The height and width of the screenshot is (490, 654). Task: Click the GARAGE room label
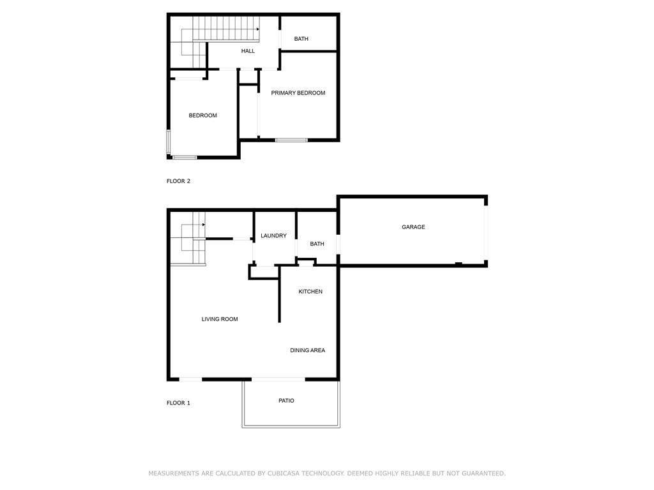[x=413, y=227]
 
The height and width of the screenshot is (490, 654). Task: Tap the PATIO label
[x=286, y=401]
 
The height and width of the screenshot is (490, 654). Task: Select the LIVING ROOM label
[x=220, y=319]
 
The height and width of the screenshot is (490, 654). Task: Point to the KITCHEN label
[x=310, y=292]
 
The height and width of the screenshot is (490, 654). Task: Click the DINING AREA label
[x=308, y=350]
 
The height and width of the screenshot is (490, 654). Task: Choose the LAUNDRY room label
[x=273, y=236]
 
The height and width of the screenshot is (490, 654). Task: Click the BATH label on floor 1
[x=317, y=244]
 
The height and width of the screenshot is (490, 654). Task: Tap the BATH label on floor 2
[x=301, y=39]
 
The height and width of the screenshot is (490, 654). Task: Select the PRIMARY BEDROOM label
[x=298, y=93]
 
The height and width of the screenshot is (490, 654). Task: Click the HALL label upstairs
[x=248, y=51]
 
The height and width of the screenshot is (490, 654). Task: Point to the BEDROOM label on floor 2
[x=202, y=115]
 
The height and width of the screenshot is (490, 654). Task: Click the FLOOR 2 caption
[x=178, y=181]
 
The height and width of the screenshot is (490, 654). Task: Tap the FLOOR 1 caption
[x=178, y=403]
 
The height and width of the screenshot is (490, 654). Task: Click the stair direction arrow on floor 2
[x=257, y=29]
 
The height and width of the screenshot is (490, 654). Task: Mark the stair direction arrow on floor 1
[x=203, y=225]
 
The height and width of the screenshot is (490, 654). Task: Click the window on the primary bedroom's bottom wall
[x=291, y=140]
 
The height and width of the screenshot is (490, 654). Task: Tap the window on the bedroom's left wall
[x=169, y=142]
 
